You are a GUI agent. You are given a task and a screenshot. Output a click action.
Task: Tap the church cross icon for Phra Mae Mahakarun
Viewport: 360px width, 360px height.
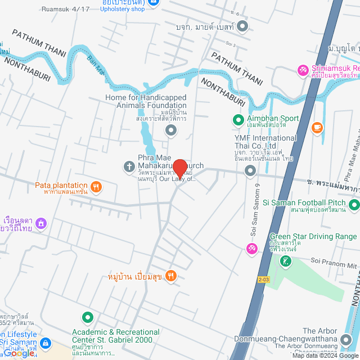(128, 166)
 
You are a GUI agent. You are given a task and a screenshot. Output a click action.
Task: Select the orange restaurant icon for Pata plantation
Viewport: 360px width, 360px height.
(96, 186)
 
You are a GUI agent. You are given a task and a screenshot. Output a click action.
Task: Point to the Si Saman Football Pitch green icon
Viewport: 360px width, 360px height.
(354, 204)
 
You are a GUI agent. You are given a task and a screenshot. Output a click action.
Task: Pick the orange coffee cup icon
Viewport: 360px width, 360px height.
(318, 128)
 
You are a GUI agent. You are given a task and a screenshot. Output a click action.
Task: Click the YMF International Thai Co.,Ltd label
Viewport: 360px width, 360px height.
(265, 142)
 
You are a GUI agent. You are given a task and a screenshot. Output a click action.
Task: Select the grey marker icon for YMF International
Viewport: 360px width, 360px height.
(250, 173)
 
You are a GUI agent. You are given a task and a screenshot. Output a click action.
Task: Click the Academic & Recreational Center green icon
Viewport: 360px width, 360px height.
(88, 318)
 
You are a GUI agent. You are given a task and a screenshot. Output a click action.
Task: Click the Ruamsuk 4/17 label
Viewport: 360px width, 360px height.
(70, 8)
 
